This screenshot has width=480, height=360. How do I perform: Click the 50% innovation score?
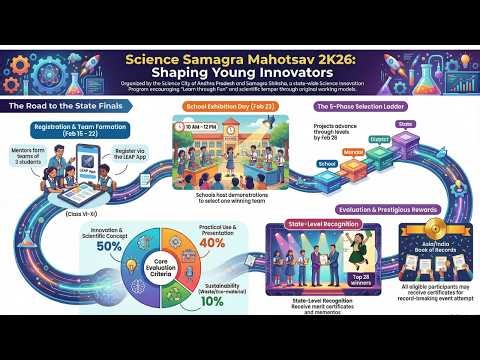109,246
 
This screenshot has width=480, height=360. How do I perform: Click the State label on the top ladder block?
405,125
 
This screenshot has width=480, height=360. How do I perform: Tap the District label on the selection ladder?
380,139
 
